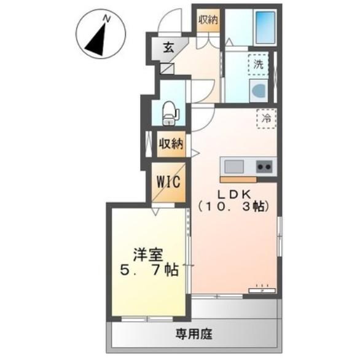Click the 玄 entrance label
click(168, 47)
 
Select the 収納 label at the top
click(208, 19)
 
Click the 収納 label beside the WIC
click(171, 145)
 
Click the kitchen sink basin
click(235, 166)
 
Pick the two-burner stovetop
click(264, 166)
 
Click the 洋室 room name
click(150, 254)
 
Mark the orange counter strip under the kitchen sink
click(238, 180)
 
